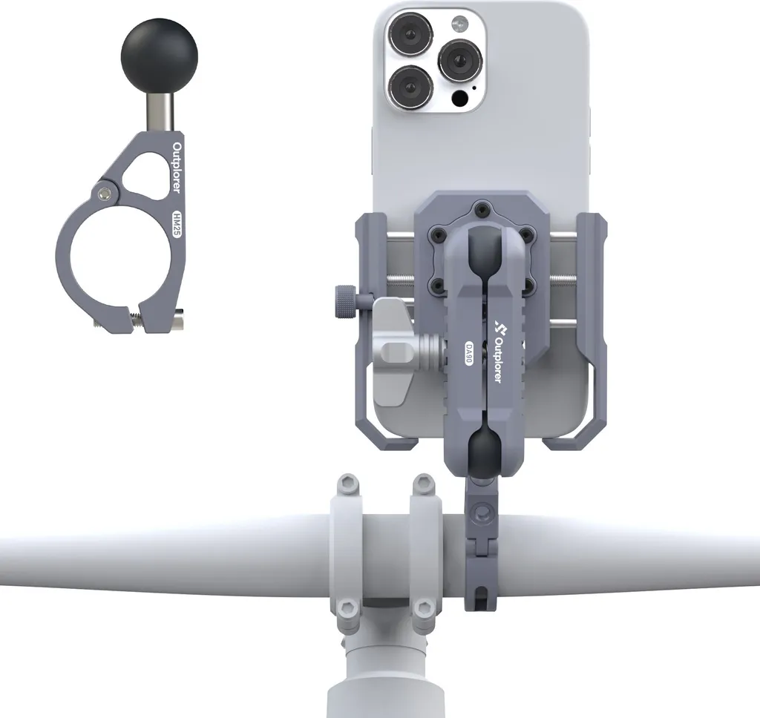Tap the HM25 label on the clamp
coord(177,223)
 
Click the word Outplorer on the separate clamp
coord(177,168)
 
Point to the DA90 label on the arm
coord(469,354)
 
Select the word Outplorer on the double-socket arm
coord(498,358)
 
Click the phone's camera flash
coord(460,22)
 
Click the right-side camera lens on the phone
coord(460,61)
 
